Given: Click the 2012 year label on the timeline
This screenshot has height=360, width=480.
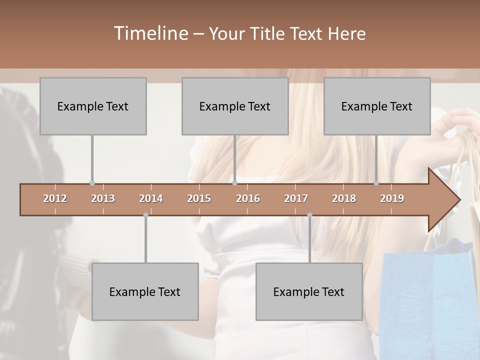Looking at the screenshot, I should tap(55, 198).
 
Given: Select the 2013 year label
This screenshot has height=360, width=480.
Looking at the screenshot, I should tap(103, 198).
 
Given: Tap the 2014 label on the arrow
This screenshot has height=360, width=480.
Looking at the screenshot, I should tap(151, 198).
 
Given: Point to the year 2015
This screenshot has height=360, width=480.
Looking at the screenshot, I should tap(199, 198).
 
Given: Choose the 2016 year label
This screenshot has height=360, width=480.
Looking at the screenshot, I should tap(248, 198).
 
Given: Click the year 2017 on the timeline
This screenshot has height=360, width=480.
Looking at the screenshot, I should tap(296, 198).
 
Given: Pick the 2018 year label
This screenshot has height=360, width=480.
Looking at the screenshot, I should tap(344, 198).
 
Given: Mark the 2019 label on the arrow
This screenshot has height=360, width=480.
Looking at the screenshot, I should tap(392, 198).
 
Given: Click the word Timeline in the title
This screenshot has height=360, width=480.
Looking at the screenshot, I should tap(149, 33).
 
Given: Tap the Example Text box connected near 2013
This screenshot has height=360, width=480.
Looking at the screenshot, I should tap(93, 106).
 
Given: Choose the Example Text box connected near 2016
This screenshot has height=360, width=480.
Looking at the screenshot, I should tap(235, 106).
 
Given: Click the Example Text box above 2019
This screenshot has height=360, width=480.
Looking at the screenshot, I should tap(377, 106).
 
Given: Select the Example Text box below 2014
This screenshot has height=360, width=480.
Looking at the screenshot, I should tap(145, 291).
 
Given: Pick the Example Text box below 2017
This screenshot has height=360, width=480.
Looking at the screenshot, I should tap(309, 291).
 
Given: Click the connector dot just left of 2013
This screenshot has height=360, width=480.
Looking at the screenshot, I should tap(92, 183).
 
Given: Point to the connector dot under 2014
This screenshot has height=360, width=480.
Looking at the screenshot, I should tap(145, 215).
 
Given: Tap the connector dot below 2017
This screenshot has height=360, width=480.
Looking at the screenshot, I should tap(309, 215).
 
